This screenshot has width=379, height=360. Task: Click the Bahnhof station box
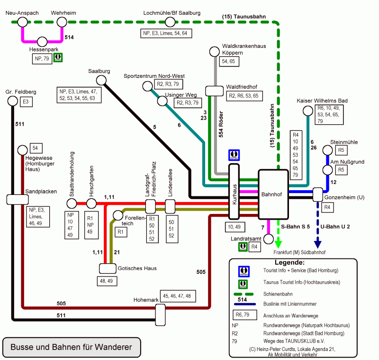click(273, 194)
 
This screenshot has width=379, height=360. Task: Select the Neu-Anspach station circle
click(22, 22)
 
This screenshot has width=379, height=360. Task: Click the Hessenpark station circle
click(42, 42)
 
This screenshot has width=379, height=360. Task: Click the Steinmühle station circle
click(327, 150)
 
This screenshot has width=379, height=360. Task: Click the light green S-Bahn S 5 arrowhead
click(278, 243)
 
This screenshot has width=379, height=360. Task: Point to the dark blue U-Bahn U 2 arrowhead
click(317, 243)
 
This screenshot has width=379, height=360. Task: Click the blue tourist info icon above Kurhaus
click(234, 155)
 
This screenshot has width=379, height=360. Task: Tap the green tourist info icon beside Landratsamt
click(243, 246)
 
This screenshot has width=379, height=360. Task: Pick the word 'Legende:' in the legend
click(289, 262)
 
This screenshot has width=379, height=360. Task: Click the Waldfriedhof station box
click(214, 90)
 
